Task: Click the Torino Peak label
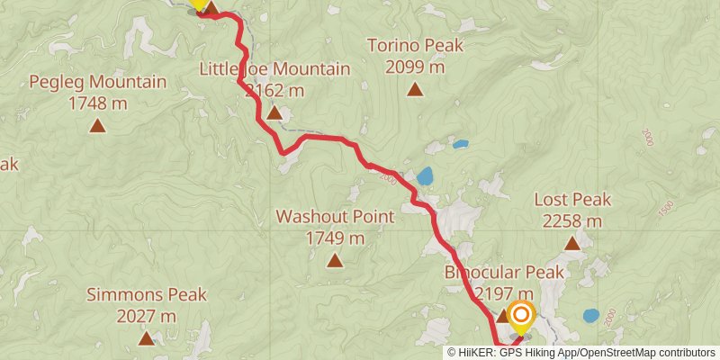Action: tap(415, 44)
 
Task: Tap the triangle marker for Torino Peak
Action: tap(415, 88)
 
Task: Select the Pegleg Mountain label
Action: tap(97, 82)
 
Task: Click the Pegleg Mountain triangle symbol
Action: tap(97, 126)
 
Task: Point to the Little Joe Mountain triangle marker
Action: tap(274, 112)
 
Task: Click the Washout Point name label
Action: tap(335, 217)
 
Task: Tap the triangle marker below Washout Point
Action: tap(335, 261)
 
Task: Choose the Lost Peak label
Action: tap(572, 199)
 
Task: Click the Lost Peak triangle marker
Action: tap(571, 243)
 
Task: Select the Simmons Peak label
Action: tap(147, 294)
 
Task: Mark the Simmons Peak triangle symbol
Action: tap(147, 338)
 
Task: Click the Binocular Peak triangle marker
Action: tap(503, 316)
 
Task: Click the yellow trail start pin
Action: tap(199, 4)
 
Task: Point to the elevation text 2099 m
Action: tap(415, 66)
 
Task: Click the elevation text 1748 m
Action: tap(97, 103)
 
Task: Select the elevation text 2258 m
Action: tap(572, 220)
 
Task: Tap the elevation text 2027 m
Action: tap(147, 316)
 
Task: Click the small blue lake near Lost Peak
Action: tap(591, 316)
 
